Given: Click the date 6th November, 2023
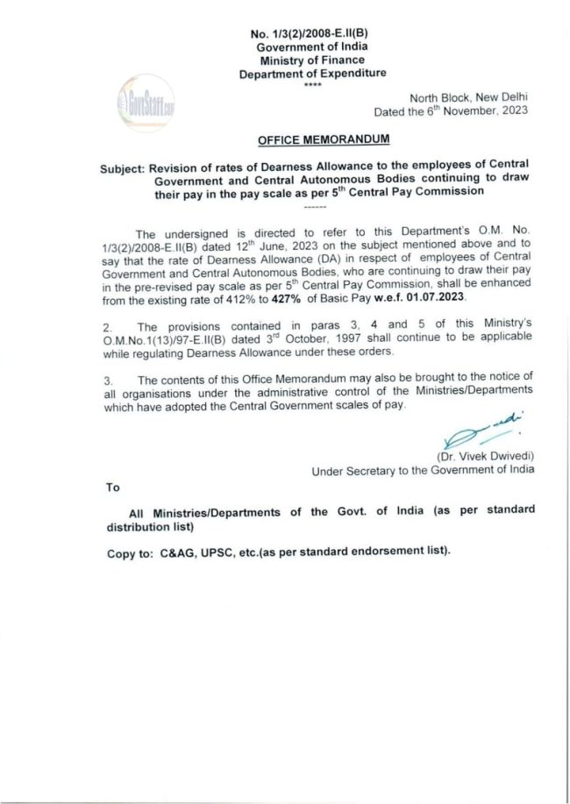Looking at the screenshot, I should pos(481,112).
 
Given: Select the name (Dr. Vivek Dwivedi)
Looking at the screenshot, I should pos(485,457).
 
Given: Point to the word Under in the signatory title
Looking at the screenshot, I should pos(329,471).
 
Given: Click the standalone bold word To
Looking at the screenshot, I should pos(112,487).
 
